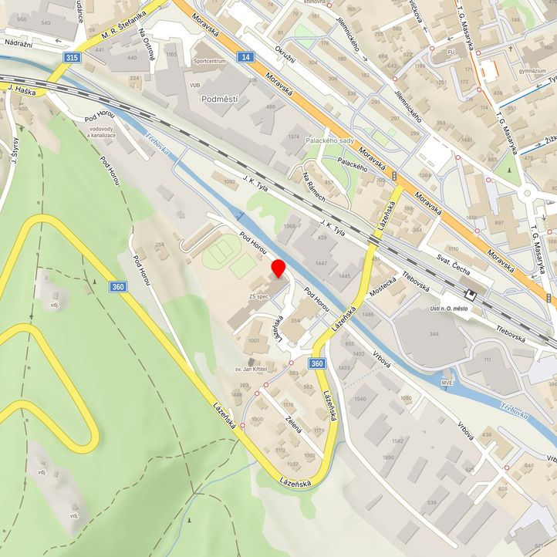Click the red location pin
pyautogui.click(x=278, y=268)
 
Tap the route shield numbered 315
pyautogui.click(x=72, y=58)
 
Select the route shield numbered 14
pyautogui.click(x=245, y=58)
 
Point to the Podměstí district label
pyautogui.click(x=218, y=100)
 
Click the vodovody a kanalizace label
pyautogui.click(x=102, y=132)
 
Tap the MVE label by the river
pyautogui.click(x=447, y=381)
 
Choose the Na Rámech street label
pyautogui.click(x=316, y=188)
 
